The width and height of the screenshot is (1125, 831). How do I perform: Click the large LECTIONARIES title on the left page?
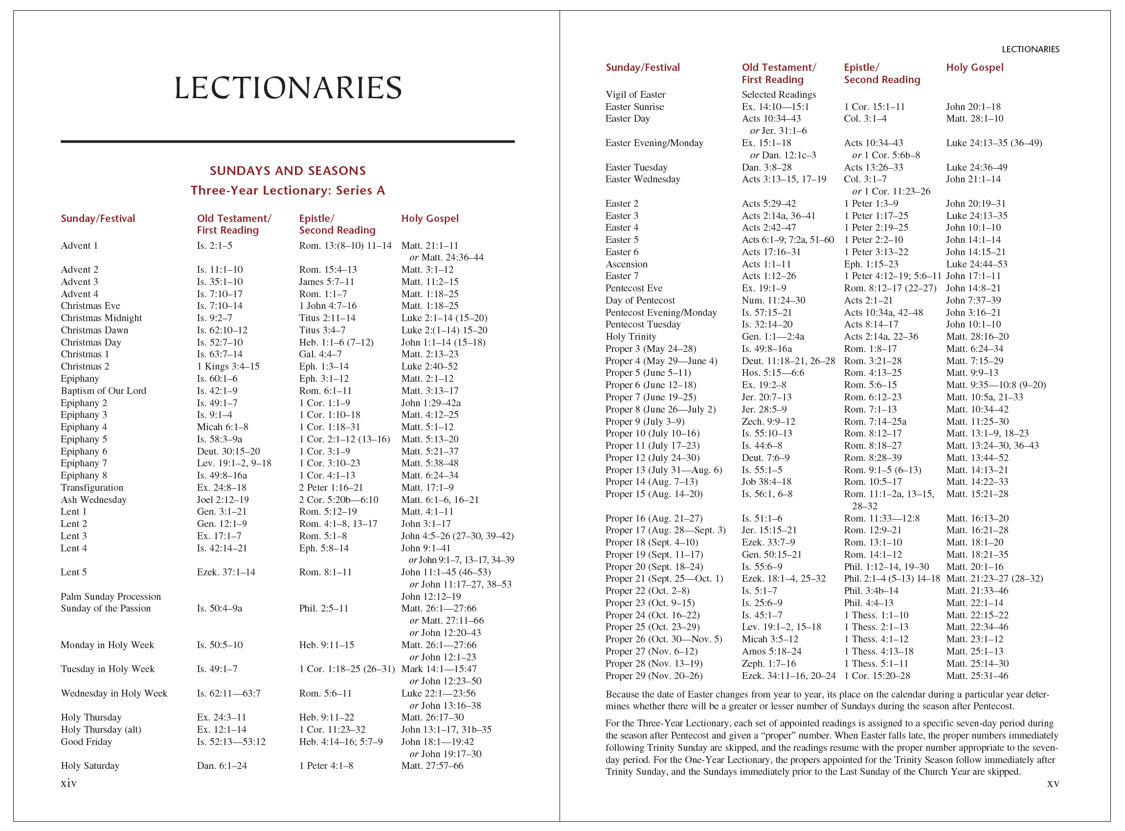(288, 88)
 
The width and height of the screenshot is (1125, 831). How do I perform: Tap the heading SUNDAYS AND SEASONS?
(288, 171)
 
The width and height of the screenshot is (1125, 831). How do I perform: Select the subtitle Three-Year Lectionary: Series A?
(288, 191)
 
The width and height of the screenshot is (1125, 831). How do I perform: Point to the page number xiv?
(69, 783)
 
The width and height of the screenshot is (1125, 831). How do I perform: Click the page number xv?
(1053, 784)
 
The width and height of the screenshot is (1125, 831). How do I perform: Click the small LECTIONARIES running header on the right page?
(1031, 49)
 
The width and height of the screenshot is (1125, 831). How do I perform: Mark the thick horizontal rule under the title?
(288, 142)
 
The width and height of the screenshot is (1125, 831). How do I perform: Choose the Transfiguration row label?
(92, 487)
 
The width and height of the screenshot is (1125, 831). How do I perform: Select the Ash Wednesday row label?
(93, 500)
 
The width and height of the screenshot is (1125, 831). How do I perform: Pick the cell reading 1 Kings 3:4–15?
(228, 366)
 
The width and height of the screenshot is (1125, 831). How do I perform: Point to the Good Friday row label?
(87, 742)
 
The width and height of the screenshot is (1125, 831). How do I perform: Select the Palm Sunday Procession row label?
(111, 596)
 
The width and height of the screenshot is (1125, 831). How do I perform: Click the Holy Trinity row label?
(630, 336)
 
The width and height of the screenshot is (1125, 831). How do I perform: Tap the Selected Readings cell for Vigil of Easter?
(779, 94)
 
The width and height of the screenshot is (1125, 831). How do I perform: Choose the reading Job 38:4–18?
(766, 481)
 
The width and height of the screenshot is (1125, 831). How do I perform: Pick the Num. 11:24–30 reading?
(774, 300)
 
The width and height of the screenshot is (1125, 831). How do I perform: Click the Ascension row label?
(626, 264)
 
